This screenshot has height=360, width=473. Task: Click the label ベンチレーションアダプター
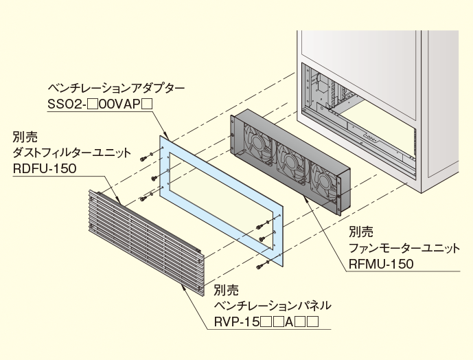[116, 89]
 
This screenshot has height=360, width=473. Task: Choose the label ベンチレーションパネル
[272, 304]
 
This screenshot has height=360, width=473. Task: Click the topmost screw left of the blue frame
[143, 157]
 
